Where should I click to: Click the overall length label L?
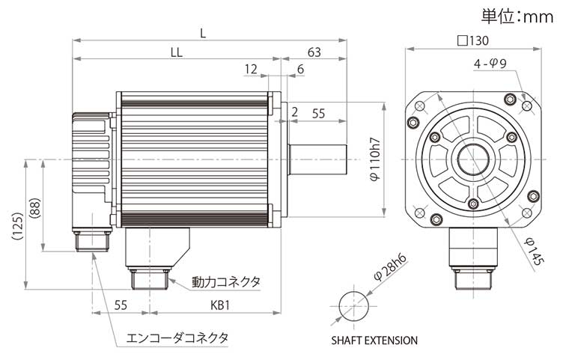[x=203, y=34]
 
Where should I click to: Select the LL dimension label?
[x=177, y=52]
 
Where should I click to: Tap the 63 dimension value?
[x=314, y=52]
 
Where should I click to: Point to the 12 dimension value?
[x=251, y=69]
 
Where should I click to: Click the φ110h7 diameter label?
[x=375, y=159]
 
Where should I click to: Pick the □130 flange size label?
[x=473, y=40]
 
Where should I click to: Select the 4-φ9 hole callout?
[x=490, y=64]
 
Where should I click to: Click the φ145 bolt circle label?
[x=534, y=251]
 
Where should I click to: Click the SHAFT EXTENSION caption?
[x=374, y=340]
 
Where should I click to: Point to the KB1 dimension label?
[x=220, y=305]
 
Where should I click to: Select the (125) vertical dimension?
[x=18, y=226]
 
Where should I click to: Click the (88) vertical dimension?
[x=35, y=208]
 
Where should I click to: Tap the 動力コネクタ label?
[x=225, y=281]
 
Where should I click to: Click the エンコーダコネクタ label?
[x=177, y=338]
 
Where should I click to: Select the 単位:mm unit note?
[x=517, y=16]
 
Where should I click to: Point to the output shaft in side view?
[x=317, y=159]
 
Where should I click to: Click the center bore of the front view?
[x=473, y=159]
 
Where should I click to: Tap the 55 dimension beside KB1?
[x=121, y=305]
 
